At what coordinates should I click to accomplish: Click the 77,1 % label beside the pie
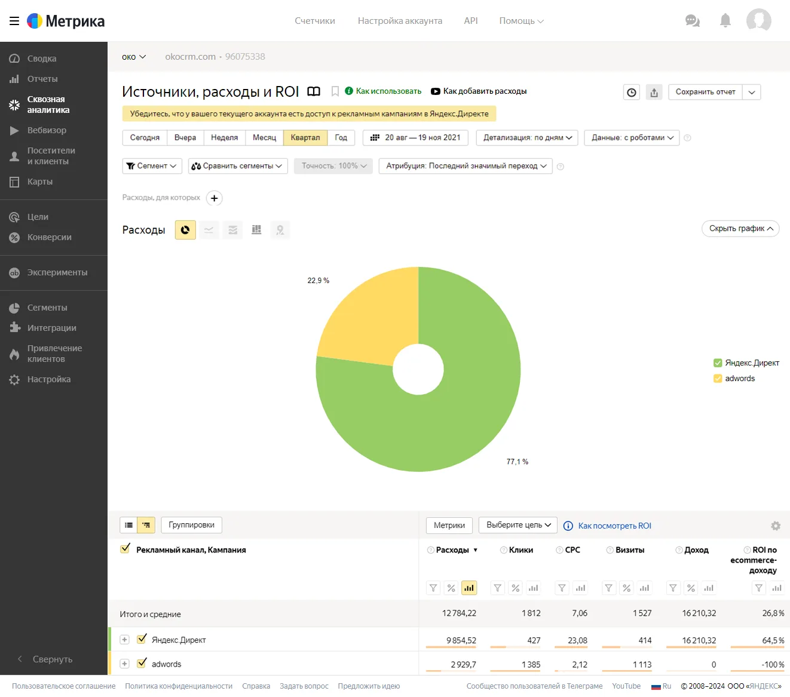[x=517, y=462]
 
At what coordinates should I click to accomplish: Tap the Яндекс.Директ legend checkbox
[x=718, y=363]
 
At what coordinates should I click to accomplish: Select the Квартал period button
[x=305, y=137]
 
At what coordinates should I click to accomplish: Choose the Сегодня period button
[x=145, y=137]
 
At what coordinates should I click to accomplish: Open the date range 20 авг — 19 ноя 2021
[x=415, y=137]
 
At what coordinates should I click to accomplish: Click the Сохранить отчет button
[x=705, y=92]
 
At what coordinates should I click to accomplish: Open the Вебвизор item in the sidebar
[x=47, y=130]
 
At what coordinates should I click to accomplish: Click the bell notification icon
[x=725, y=21]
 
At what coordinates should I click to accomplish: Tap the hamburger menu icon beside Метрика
[x=14, y=21]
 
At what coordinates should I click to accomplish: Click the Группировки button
[x=191, y=525]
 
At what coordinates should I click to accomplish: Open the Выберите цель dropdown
[x=518, y=525]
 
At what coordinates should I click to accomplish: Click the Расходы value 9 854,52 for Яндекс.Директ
[x=461, y=640]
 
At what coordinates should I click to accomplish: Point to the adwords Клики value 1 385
[x=531, y=665]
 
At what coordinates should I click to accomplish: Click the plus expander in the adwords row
[x=124, y=664]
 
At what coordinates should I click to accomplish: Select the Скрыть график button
[x=740, y=228]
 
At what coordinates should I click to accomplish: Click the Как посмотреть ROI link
[x=614, y=526]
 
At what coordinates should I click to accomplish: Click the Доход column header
[x=696, y=550]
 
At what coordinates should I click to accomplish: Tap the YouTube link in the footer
[x=626, y=686]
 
